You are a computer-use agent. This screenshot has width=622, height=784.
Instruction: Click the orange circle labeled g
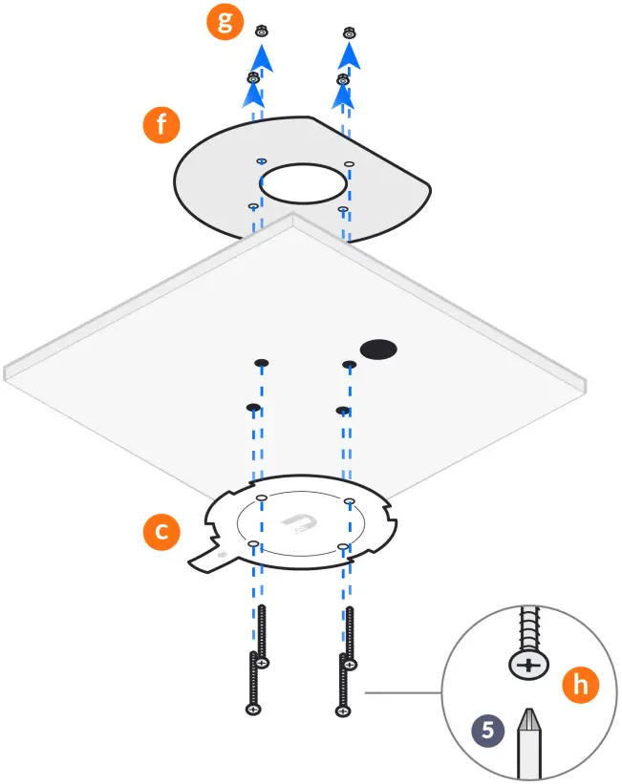coord(225,23)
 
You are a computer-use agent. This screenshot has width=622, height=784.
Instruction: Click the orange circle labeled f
coord(157,124)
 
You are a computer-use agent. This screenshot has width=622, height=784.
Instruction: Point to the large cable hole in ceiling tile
coord(378,348)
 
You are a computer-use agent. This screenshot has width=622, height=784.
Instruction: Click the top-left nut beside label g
coord(262,32)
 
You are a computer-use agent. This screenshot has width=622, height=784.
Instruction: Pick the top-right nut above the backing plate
coord(351,32)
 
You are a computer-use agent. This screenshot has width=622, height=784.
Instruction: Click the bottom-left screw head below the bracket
coord(253,710)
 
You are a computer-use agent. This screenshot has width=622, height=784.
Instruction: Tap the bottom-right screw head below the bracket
coord(341,710)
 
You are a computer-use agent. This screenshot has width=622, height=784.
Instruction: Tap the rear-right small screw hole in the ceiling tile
coord(350,364)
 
